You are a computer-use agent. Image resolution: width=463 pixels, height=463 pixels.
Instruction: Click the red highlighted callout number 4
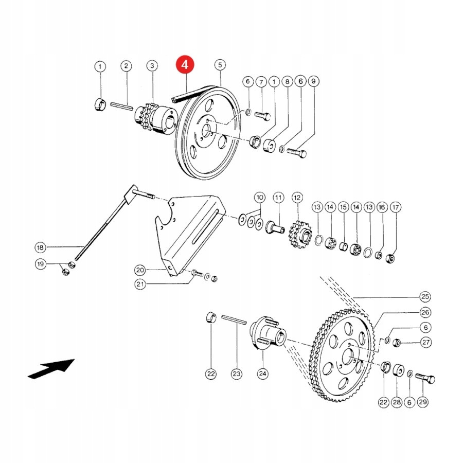(x=185, y=65)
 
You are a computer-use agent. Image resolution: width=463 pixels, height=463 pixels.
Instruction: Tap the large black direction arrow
(x=51, y=368)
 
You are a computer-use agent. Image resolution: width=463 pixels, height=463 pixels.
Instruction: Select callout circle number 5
(x=220, y=65)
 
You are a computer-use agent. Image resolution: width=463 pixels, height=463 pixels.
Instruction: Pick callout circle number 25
(x=425, y=297)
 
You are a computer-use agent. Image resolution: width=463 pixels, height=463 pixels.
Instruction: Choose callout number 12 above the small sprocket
(x=297, y=197)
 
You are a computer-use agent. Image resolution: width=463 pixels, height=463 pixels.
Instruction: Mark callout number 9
(x=314, y=81)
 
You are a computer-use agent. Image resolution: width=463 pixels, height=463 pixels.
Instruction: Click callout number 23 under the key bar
(x=236, y=374)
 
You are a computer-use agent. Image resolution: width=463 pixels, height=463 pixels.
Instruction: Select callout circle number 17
(x=395, y=207)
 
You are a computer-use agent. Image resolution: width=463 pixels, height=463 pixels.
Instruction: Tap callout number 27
(x=426, y=342)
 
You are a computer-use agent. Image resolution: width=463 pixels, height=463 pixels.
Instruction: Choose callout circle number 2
(x=126, y=66)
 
